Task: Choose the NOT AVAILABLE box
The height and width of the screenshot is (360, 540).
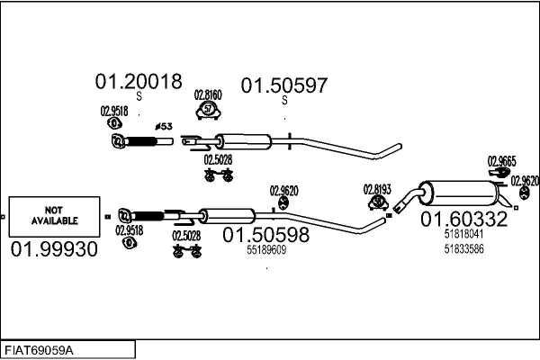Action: click(55, 215)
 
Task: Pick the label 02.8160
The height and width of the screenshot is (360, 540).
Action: click(208, 94)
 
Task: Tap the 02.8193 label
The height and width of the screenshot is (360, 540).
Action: click(376, 189)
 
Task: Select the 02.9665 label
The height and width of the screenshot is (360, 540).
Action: click(501, 161)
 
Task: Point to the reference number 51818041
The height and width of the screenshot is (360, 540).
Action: click(463, 234)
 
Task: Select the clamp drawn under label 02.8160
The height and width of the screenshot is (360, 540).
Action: click(209, 111)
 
